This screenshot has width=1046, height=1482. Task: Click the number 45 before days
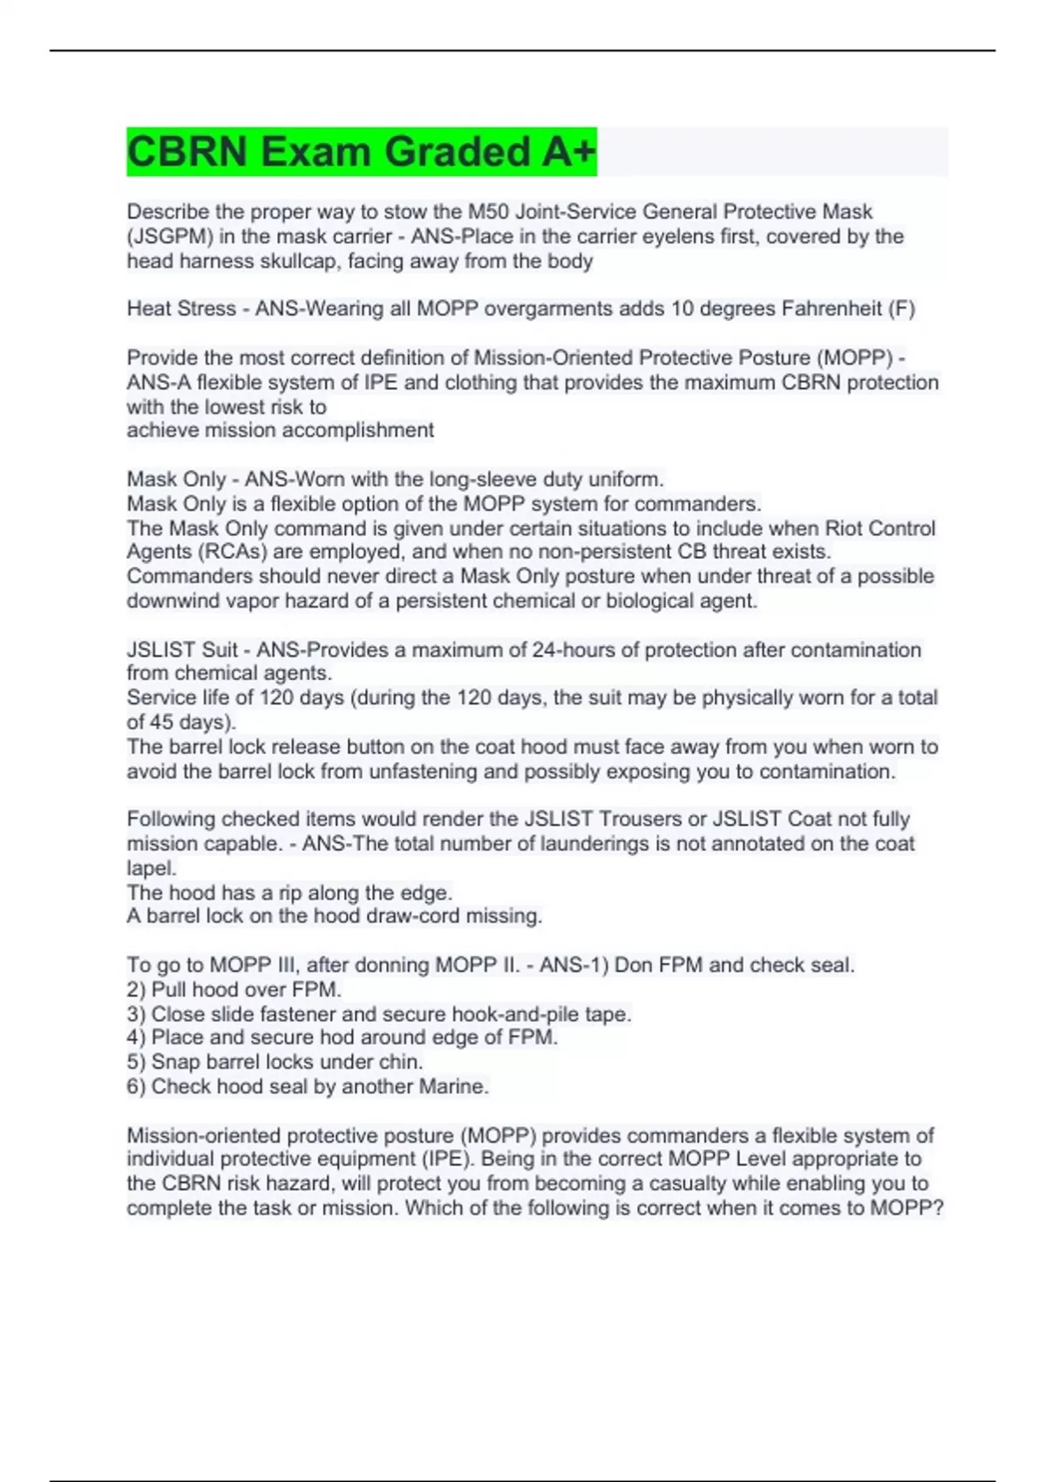pyautogui.click(x=160, y=723)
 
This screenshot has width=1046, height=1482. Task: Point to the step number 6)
pyautogui.click(x=137, y=1087)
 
